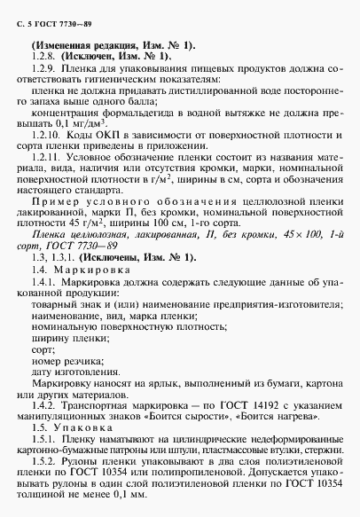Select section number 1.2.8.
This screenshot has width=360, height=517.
(42, 56)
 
